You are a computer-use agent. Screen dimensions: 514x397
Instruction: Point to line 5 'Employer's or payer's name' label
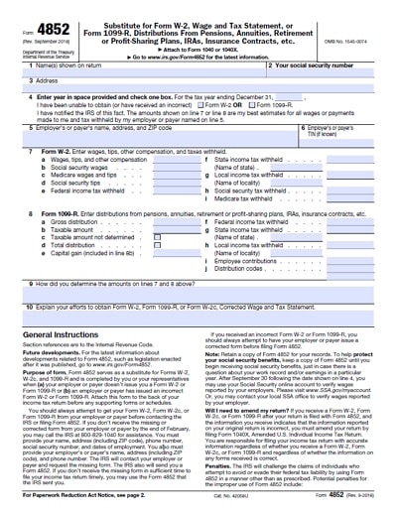click(x=89, y=127)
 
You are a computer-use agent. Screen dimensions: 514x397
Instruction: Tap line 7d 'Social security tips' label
click(x=76, y=183)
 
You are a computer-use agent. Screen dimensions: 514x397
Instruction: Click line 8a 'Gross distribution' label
click(x=74, y=221)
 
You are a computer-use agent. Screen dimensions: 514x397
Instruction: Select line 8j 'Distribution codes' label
click(x=241, y=268)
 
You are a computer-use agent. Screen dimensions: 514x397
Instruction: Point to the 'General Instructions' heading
click(x=63, y=336)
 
